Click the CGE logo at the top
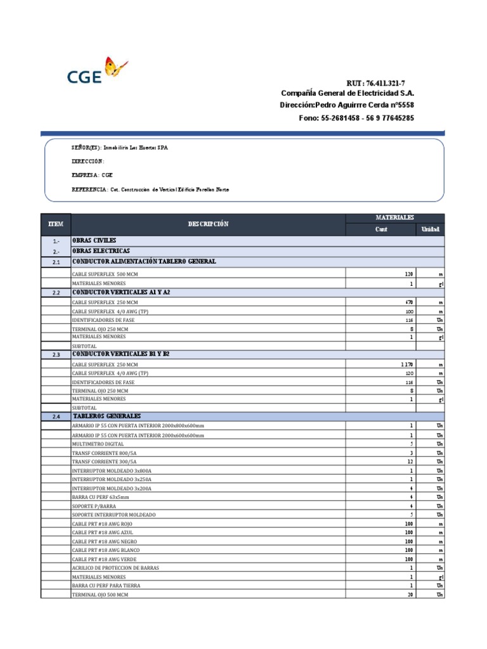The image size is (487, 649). click(x=96, y=72)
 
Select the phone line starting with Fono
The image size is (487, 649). click(x=356, y=118)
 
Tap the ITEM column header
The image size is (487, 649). click(x=56, y=224)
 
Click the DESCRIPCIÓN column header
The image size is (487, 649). click(x=208, y=224)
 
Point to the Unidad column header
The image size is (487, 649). click(x=430, y=229)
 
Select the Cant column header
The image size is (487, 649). click(x=380, y=229)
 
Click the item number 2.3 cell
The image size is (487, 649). click(x=56, y=355)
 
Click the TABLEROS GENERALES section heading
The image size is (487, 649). click(x=105, y=416)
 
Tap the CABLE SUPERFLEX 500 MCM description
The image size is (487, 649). click(x=105, y=274)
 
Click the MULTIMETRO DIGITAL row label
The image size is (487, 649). click(x=98, y=444)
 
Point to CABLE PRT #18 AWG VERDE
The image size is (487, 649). click(x=105, y=560)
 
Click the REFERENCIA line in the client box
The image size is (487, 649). click(x=150, y=190)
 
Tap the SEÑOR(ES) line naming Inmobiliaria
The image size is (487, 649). click(x=120, y=147)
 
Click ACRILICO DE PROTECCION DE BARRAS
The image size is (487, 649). click(x=115, y=568)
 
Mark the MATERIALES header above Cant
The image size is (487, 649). click(x=394, y=217)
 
